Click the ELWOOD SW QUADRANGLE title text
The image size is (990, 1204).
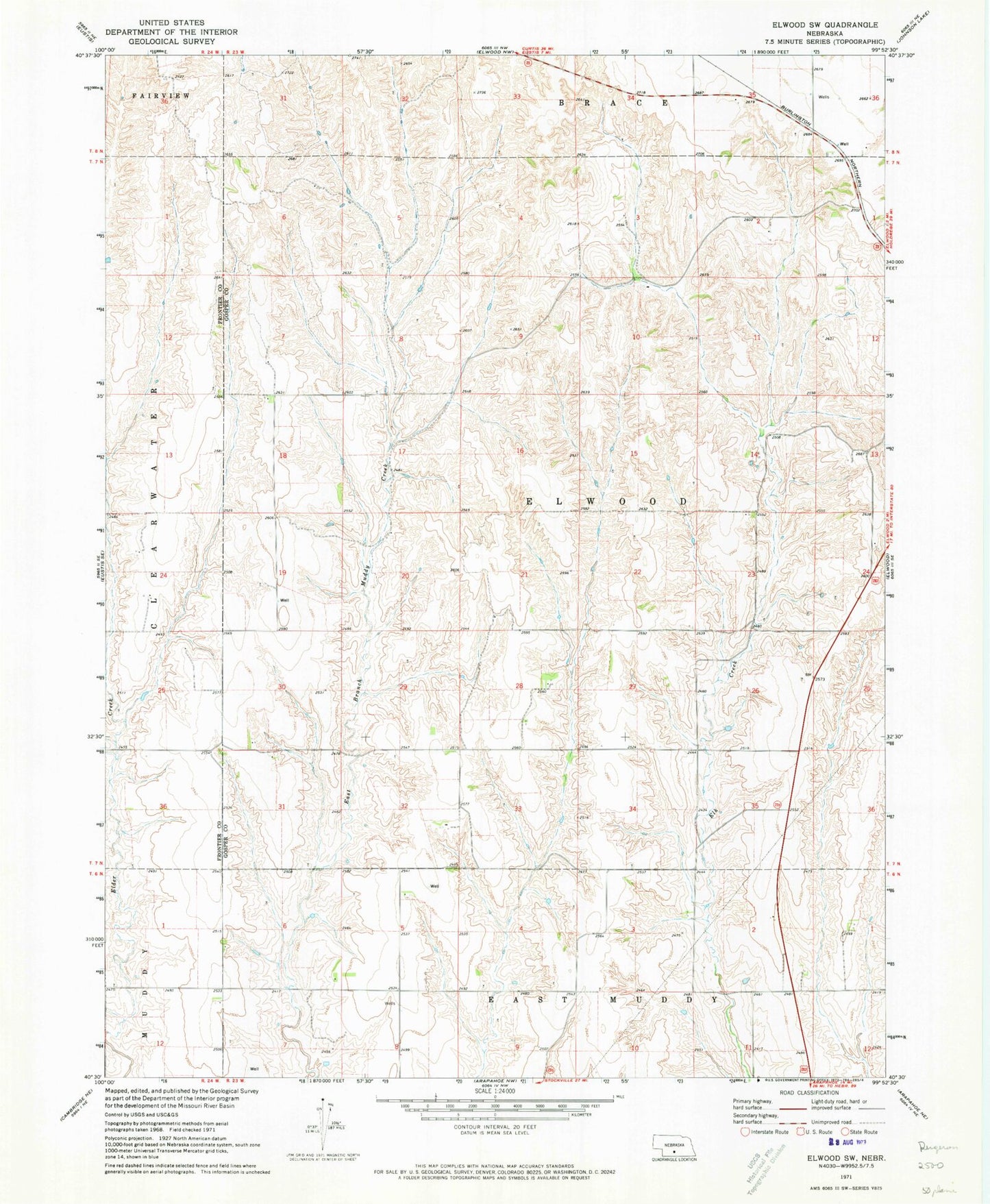pyautogui.click(x=823, y=25)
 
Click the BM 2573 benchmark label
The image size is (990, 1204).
pyautogui.click(x=813, y=676)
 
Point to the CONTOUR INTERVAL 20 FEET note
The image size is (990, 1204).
pyautogui.click(x=494, y=1126)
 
